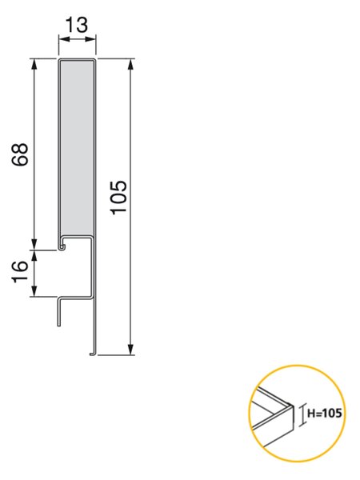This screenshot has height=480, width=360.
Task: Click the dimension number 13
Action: coord(77,25)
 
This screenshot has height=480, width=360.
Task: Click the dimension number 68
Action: coord(20,154)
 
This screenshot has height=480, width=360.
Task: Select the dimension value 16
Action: coord(20,271)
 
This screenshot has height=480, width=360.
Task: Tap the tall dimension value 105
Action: coord(118,197)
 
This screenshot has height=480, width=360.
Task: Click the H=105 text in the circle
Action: coord(324,414)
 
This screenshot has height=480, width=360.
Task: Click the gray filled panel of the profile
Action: coord(77,148)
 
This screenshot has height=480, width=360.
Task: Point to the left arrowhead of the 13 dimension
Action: coord(63,39)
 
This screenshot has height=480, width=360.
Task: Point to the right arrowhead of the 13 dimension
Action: coord(91,39)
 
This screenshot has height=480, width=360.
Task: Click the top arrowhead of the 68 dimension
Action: coord(34,64)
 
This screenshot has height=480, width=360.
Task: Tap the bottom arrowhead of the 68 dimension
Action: coord(34,245)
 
